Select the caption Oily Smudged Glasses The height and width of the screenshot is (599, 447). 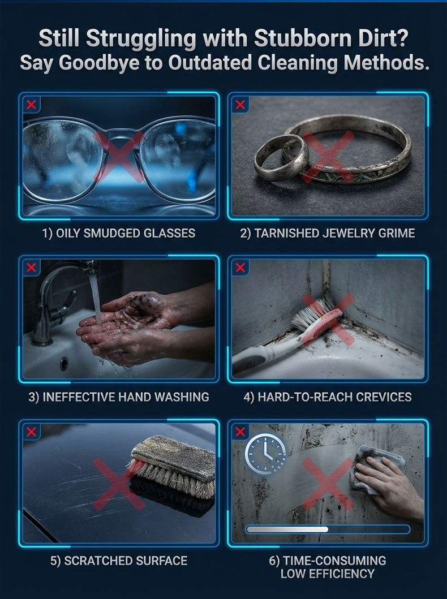click(119, 233)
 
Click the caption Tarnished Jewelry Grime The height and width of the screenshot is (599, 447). click(328, 233)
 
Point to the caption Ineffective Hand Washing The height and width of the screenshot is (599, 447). click(119, 397)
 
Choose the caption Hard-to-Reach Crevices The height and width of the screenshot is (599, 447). click(328, 397)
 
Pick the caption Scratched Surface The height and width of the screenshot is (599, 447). click(119, 561)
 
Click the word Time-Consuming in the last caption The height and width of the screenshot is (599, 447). click(334, 561)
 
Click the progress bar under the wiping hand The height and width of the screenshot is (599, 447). click(328, 529)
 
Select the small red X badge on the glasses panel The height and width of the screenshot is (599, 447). click(31, 104)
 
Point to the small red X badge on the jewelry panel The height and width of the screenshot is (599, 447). click(240, 104)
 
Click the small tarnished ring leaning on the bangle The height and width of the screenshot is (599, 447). click(282, 156)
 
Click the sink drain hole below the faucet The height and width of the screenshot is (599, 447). click(64, 363)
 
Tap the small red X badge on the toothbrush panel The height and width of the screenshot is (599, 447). click(240, 268)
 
